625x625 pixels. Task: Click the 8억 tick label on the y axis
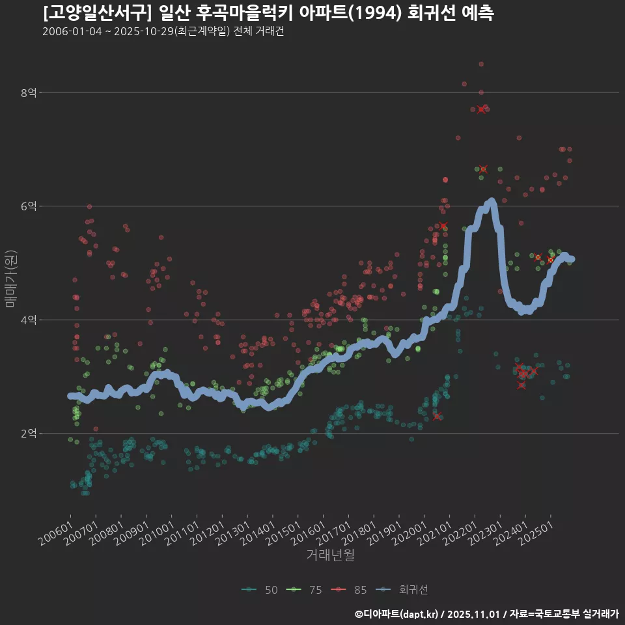click(x=29, y=93)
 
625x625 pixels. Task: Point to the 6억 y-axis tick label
click(x=29, y=206)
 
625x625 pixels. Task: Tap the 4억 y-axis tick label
click(x=29, y=320)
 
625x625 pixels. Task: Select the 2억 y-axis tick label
click(x=29, y=434)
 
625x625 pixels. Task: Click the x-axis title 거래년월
click(x=330, y=555)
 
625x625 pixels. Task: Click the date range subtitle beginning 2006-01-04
click(x=163, y=32)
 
